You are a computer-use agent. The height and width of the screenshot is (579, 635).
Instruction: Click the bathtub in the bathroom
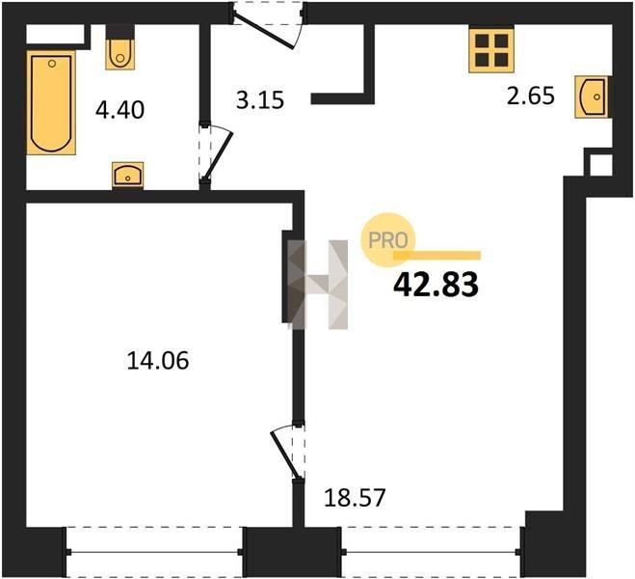(51, 103)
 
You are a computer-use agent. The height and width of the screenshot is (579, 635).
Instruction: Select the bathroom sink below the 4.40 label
(127, 176)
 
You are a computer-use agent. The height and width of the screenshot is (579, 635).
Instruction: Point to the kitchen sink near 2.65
(592, 96)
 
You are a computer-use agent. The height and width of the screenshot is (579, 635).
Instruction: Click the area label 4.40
(119, 110)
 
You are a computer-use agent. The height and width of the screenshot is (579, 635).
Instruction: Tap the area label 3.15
(260, 99)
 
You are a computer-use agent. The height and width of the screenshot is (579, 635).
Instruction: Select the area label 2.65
(531, 96)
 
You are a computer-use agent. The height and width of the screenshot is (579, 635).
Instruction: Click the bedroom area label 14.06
(158, 361)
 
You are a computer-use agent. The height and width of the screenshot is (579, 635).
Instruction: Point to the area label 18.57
(355, 498)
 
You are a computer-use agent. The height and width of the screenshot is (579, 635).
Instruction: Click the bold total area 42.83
(436, 285)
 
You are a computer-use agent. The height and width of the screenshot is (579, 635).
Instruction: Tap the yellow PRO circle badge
(388, 240)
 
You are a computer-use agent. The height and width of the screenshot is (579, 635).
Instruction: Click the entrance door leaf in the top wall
(264, 32)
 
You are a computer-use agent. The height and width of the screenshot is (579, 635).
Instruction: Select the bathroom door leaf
(219, 155)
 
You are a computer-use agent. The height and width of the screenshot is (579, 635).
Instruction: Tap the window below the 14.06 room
(154, 552)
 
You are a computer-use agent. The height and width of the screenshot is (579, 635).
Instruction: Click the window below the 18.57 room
(432, 551)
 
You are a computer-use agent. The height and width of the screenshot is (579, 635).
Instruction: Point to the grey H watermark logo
(318, 285)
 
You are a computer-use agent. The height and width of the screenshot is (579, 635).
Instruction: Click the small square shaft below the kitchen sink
(600, 165)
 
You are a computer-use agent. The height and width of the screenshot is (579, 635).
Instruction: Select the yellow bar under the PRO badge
(437, 255)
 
